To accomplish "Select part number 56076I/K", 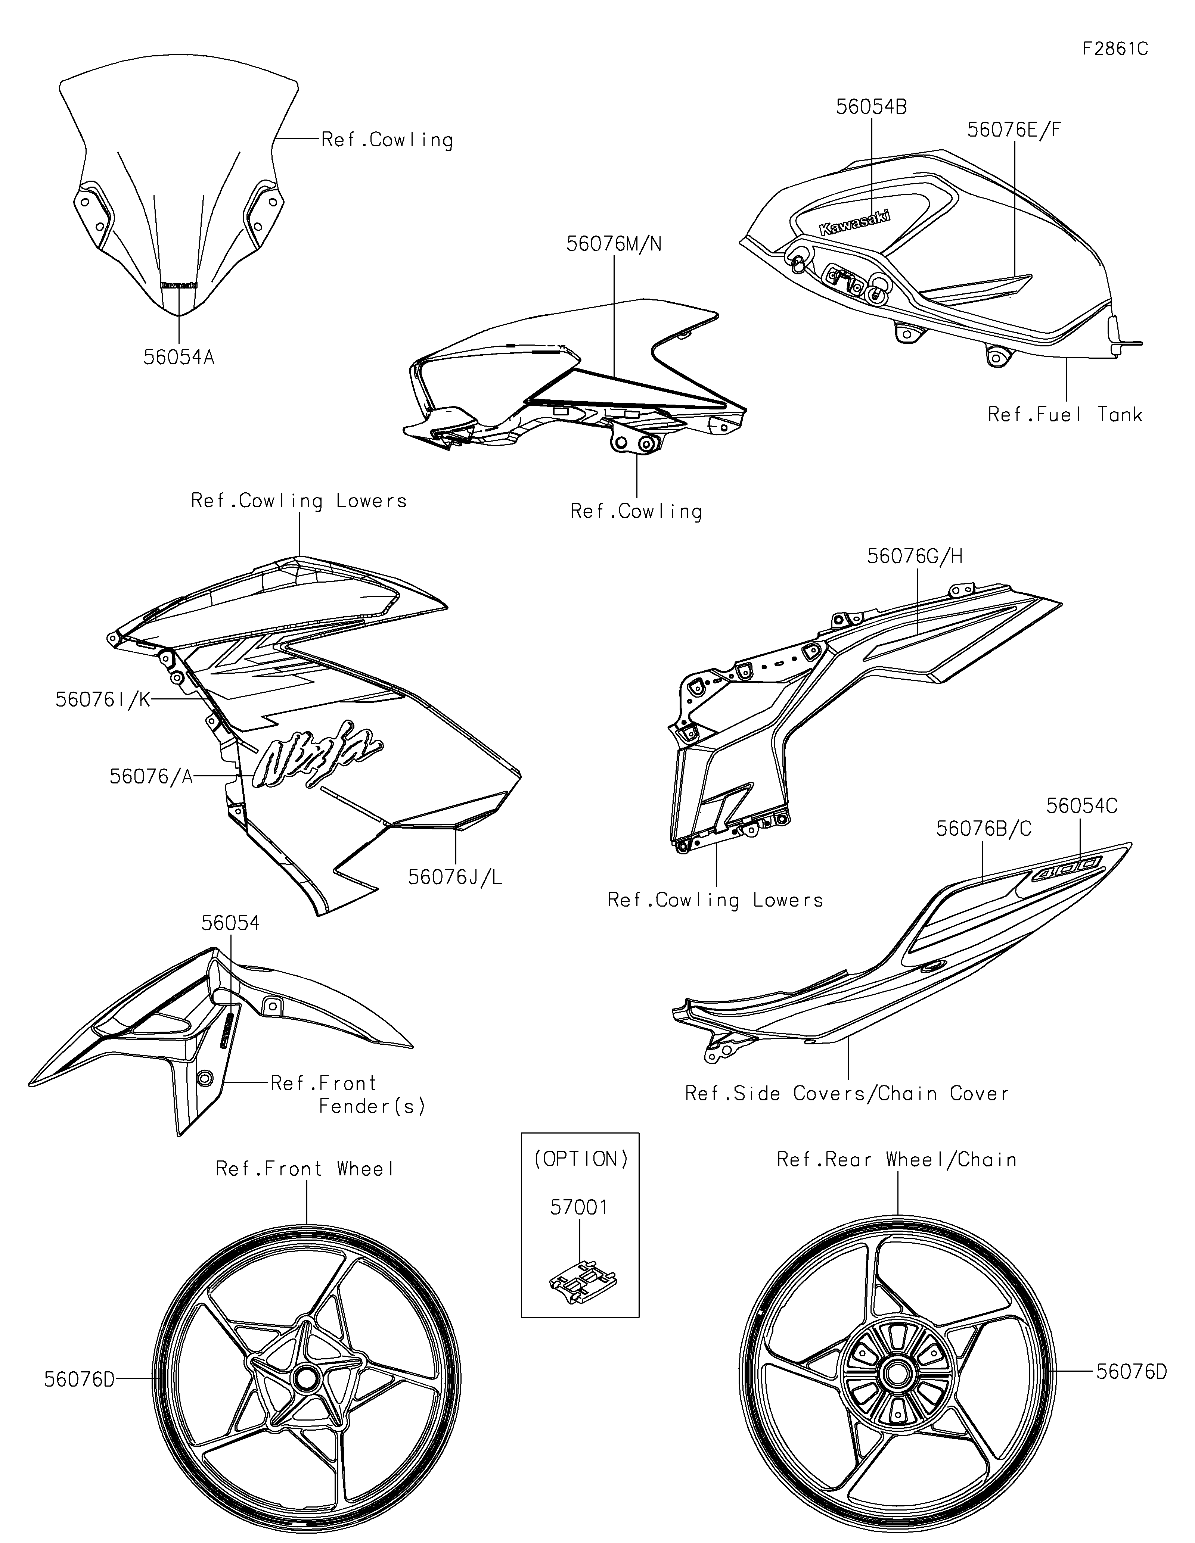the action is pos(103,699).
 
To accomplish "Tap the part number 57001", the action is pos(579,1207).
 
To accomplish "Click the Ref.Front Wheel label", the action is pos(305,1169).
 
